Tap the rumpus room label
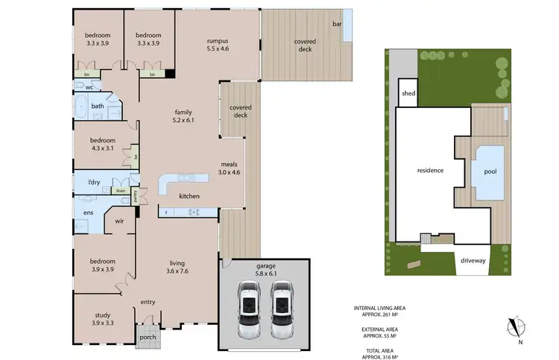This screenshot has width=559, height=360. pos(218,41)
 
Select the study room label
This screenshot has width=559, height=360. pos(103,315)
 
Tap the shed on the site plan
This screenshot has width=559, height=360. pos(408,93)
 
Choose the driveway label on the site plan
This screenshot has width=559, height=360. pos(473,262)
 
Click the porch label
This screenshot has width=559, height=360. pos(148,337)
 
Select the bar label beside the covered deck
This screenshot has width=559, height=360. pos(336,25)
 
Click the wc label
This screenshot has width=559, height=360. pos(89,87)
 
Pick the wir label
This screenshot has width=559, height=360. pos(118,221)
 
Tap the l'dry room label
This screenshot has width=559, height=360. pos(94,183)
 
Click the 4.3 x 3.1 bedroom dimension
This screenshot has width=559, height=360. pos(103,148)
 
